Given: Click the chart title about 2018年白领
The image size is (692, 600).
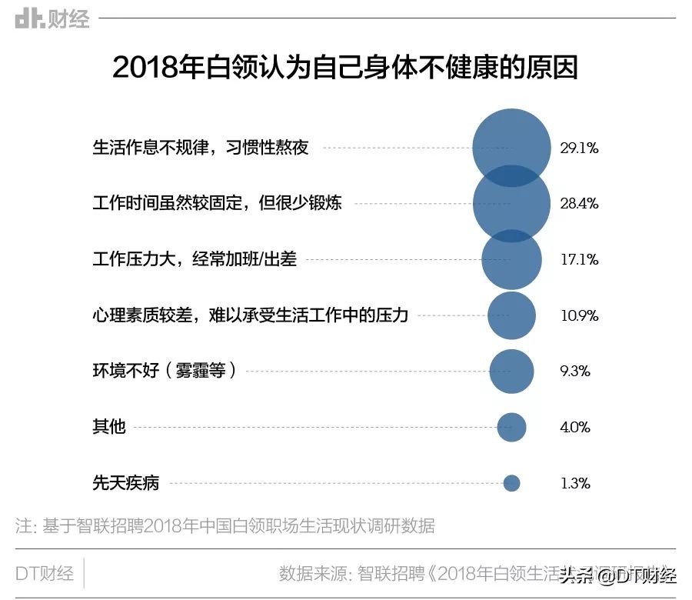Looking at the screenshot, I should click(x=345, y=68).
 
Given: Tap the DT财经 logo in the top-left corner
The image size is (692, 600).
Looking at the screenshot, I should click(x=52, y=18).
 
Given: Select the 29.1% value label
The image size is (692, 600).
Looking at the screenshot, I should click(x=579, y=148).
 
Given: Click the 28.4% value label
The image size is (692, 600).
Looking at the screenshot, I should click(x=579, y=204).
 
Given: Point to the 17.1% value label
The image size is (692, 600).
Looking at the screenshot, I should click(x=579, y=260).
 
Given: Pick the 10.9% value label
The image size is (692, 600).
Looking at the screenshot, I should click(x=579, y=315).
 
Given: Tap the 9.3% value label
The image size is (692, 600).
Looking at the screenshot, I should click(x=575, y=372).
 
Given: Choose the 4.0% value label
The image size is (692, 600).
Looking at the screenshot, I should click(x=575, y=427).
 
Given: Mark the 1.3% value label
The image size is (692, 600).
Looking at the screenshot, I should click(x=574, y=483).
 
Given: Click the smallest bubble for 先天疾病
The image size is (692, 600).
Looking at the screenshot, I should click(x=511, y=483).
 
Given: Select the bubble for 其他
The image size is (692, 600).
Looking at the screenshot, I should click(x=511, y=427).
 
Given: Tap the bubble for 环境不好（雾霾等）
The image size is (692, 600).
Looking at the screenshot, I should click(x=511, y=372).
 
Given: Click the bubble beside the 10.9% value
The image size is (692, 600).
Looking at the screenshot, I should click(x=511, y=315).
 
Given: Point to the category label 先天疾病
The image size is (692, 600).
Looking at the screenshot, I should click(x=125, y=483).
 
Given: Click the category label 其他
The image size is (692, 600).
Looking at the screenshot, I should click(x=108, y=427).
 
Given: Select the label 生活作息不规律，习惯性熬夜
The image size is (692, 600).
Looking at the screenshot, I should click(x=201, y=148).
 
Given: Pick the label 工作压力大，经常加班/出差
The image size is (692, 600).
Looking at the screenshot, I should click(x=195, y=260).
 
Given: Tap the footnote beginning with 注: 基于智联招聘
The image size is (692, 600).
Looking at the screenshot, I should click(x=225, y=526).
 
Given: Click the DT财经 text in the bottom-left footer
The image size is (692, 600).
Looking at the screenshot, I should click(x=45, y=573).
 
